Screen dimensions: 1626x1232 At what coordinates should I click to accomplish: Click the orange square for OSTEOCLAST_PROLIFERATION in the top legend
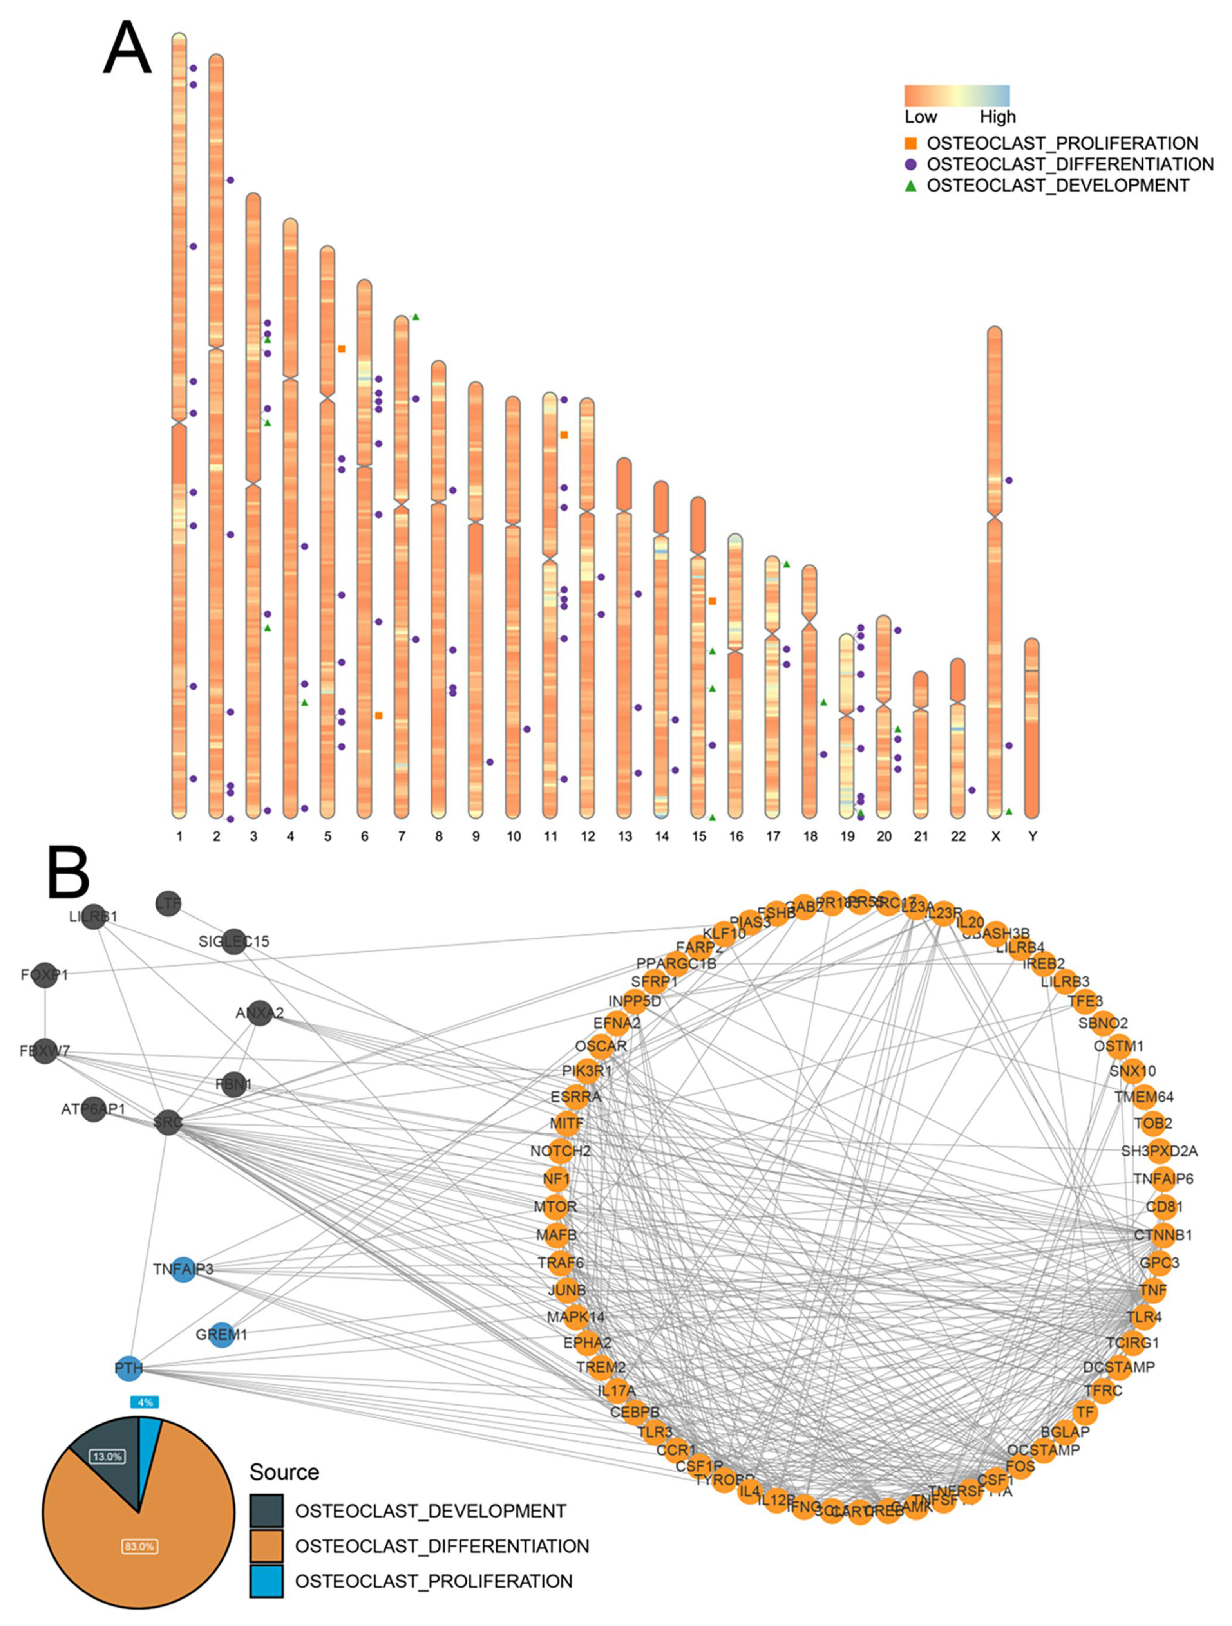click(911, 143)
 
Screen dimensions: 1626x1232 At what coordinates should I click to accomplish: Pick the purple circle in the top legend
click(911, 164)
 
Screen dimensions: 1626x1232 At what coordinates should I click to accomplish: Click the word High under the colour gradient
click(997, 117)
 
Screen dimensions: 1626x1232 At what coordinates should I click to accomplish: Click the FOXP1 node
click(45, 975)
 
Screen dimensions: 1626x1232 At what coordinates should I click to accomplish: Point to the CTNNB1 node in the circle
click(1162, 1235)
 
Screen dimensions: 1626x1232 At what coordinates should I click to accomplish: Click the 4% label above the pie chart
click(145, 1402)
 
